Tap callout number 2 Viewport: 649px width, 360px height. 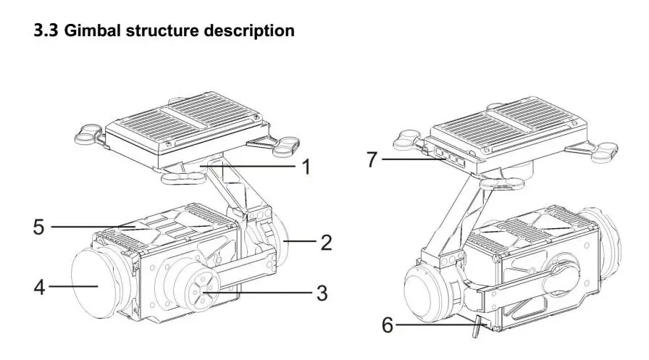(x=326, y=242)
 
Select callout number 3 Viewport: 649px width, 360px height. (x=320, y=293)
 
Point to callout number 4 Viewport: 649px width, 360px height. (x=40, y=288)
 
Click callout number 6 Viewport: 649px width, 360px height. (x=388, y=325)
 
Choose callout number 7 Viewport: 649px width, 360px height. (x=372, y=159)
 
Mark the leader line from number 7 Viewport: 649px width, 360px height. (x=409, y=159)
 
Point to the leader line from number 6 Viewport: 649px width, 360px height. (x=435, y=325)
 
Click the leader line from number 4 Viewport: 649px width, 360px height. (x=72, y=288)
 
